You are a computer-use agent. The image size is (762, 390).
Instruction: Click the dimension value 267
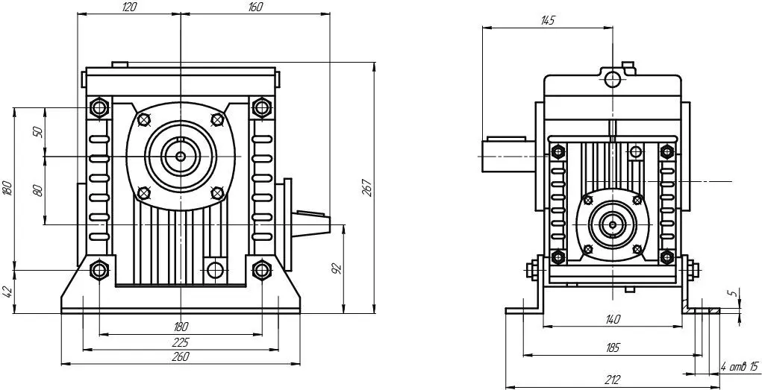coord(367,188)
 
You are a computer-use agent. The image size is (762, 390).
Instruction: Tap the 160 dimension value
coord(254,7)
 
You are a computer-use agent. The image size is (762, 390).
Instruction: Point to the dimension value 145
coord(547,20)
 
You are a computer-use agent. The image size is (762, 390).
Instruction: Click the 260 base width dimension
coord(181,356)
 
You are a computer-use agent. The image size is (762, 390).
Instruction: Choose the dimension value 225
coord(181,342)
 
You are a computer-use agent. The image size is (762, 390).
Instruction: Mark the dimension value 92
coord(338,268)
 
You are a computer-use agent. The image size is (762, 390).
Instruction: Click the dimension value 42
coord(7,292)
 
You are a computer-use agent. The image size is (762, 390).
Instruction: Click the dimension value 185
coord(613,347)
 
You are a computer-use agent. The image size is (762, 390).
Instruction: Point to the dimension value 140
coord(613,319)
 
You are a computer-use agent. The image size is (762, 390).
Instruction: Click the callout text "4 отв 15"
coord(739,367)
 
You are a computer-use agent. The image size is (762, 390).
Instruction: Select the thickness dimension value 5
coord(735,292)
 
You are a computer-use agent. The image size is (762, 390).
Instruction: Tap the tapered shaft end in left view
coord(312,222)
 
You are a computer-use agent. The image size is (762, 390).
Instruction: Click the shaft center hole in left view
coord(181,156)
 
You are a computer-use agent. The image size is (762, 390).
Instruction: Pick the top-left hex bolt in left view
coord(99,107)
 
